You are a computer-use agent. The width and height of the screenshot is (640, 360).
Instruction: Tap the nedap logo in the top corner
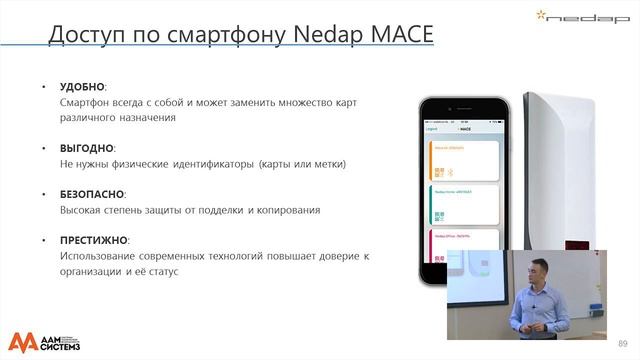(599, 17)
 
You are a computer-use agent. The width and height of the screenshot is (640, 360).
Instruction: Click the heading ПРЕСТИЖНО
(94, 240)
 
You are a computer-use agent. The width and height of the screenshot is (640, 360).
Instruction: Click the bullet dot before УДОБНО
(43, 88)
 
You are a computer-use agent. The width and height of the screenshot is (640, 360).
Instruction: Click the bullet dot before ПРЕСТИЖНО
(43, 240)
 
